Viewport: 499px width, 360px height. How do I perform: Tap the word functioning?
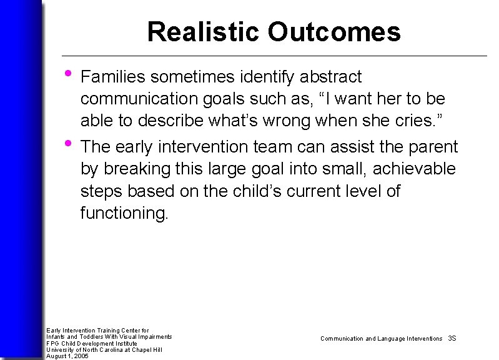[x=124, y=214]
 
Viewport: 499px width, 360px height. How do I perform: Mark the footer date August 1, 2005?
[x=67, y=356]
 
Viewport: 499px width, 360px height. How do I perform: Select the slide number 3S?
[x=452, y=338]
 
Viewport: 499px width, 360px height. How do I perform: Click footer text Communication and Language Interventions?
[x=381, y=338]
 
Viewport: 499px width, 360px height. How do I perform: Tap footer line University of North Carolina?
[x=104, y=349]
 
